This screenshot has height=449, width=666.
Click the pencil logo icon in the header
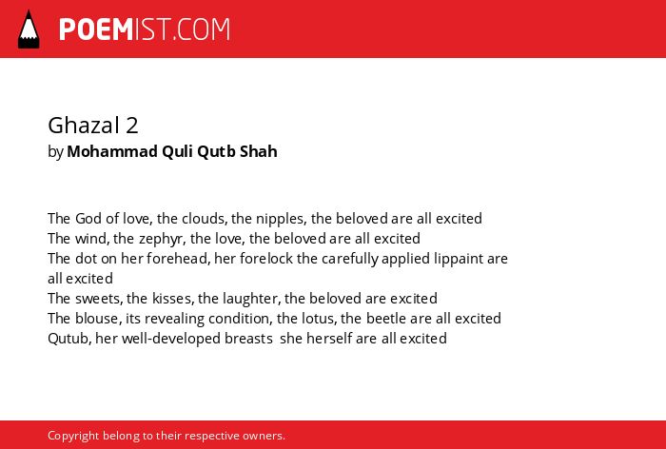(x=29, y=29)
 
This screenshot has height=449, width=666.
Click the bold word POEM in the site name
(x=96, y=29)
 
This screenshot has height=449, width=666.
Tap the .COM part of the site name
(x=201, y=29)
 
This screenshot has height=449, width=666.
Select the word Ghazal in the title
(x=84, y=127)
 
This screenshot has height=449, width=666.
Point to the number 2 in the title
(x=131, y=126)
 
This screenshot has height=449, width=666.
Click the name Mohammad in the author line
(x=112, y=151)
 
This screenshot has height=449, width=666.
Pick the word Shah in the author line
(x=258, y=151)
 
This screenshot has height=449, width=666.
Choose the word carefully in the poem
(x=350, y=259)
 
